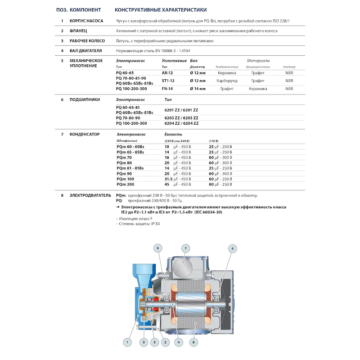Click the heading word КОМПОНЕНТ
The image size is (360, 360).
click(x=85, y=9)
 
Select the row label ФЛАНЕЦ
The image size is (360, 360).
click(x=78, y=31)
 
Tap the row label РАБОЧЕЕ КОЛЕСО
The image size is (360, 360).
click(x=87, y=41)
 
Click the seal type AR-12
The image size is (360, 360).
click(x=167, y=72)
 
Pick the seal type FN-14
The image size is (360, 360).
click(x=167, y=89)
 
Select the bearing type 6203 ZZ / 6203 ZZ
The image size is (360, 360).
click(x=181, y=118)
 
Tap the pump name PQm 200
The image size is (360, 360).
click(x=125, y=184)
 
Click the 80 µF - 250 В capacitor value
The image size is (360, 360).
click(x=220, y=184)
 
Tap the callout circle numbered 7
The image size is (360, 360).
click(x=185, y=248)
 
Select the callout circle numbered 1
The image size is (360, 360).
click(x=127, y=343)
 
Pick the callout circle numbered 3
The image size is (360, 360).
click(x=144, y=343)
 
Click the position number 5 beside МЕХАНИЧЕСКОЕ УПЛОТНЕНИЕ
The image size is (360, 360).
click(x=62, y=60)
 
